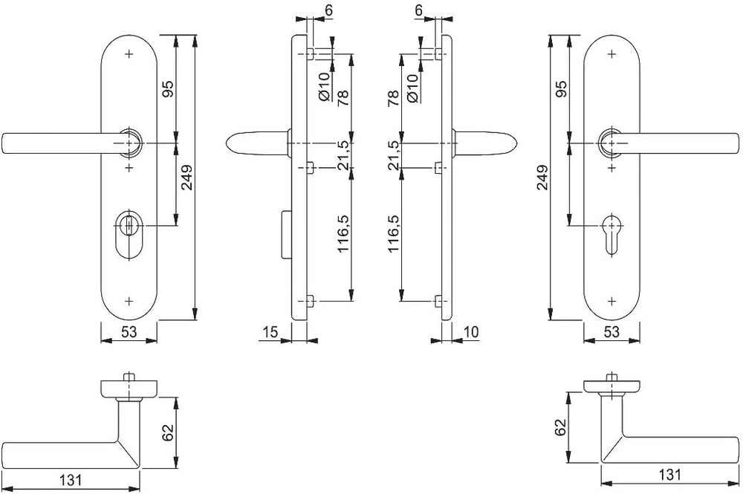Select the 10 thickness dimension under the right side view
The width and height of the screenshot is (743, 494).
tap(471, 332)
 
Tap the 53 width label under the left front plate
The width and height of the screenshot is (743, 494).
tap(129, 332)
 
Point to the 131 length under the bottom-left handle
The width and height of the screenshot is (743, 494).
tap(71, 481)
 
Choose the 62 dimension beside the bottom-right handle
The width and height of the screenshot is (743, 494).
tap(560, 427)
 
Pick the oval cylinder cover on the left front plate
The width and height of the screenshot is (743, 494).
tap(129, 234)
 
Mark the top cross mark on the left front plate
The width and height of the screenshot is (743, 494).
tap(129, 54)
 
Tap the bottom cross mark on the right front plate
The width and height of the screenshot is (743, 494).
tap(611, 301)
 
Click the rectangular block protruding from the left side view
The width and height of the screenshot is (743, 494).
tap(286, 234)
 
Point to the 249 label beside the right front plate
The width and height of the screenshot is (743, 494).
tap(542, 177)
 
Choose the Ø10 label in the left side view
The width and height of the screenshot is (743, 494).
tap(324, 87)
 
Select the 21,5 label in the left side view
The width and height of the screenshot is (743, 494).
tap(343, 155)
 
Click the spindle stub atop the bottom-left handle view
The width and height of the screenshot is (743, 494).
tap(126, 377)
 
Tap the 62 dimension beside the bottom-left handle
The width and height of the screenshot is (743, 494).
tap(169, 432)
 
